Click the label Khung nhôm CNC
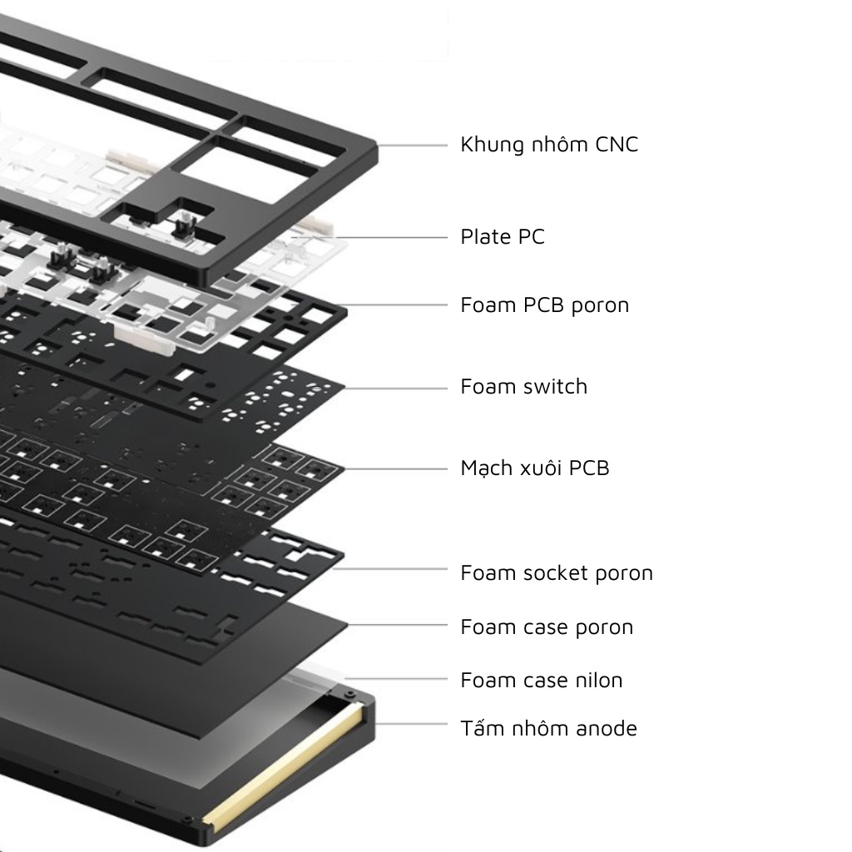point(549,145)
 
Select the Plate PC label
point(503,237)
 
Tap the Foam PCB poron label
point(545,305)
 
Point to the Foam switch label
point(524,387)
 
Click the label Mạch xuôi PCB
point(535,468)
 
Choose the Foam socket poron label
point(557,573)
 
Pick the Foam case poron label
point(547,627)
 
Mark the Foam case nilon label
point(542,681)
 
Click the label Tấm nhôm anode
point(549,729)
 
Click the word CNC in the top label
point(617,145)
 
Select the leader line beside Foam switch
point(396,388)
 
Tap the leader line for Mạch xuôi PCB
point(396,469)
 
